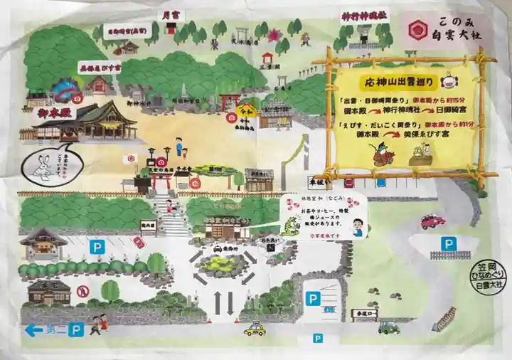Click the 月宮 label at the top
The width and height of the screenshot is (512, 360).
point(169,14)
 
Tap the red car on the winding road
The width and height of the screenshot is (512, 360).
point(433,221)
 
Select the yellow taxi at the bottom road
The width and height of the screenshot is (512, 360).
point(255,329)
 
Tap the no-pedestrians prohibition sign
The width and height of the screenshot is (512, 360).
point(82,290)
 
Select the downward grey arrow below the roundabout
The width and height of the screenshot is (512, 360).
point(231,302)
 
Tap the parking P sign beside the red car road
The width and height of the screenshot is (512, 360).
point(447,244)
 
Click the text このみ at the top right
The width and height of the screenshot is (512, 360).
point(456,22)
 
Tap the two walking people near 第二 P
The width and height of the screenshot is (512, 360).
point(98,324)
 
